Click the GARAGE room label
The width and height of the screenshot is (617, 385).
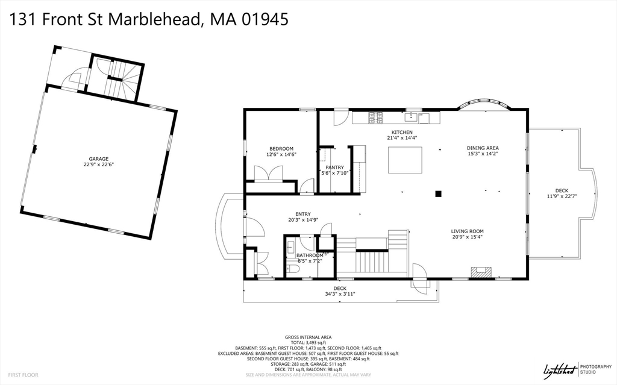point(99,159)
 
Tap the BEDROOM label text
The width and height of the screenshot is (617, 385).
point(281,149)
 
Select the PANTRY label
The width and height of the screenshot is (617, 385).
point(334,167)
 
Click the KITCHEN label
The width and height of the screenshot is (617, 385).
point(402,133)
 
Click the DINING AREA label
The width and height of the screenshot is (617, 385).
point(483,148)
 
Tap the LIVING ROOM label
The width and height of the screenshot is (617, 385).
point(468,231)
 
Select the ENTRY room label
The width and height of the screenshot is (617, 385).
point(302,214)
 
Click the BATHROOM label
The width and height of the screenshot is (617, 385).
point(310,255)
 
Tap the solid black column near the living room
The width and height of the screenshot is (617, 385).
point(439,193)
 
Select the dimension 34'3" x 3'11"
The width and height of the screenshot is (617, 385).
point(340,294)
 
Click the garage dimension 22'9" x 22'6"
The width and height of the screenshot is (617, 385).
point(99,164)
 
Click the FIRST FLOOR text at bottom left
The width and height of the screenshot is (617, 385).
point(23,375)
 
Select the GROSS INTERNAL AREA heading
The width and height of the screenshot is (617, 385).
point(308,337)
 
